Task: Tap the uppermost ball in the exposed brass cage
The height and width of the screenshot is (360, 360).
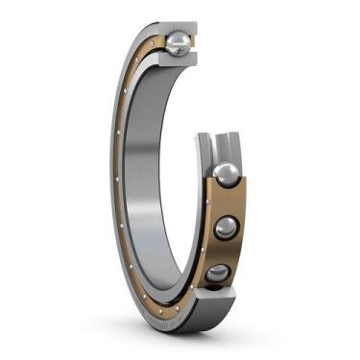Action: tap(226, 175)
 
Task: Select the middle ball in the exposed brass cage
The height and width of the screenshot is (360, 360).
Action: tap(226, 228)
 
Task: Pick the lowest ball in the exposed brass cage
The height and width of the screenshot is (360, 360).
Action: tap(219, 276)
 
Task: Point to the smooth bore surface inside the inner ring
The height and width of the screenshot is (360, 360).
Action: tap(144, 182)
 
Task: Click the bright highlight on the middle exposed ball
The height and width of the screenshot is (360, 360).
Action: tap(222, 223)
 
